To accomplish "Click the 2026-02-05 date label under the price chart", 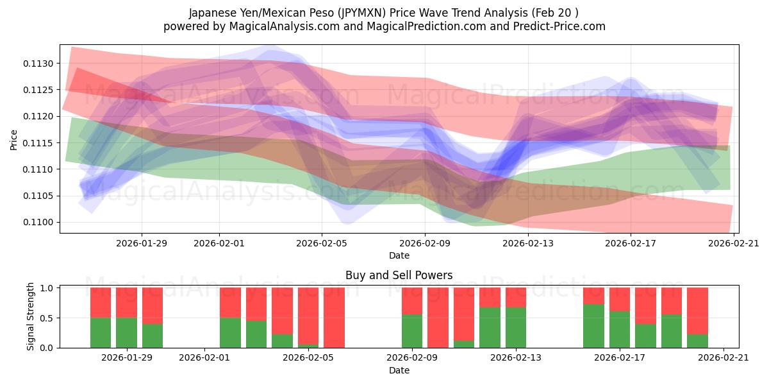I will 322,243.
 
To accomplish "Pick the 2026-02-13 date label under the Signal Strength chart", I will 516,358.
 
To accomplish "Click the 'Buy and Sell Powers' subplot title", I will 399,275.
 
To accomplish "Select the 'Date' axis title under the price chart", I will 399,255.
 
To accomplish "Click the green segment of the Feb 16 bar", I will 593,326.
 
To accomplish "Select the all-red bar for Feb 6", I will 334,318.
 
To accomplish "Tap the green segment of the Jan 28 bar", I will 126,332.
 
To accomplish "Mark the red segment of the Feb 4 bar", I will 282,311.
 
